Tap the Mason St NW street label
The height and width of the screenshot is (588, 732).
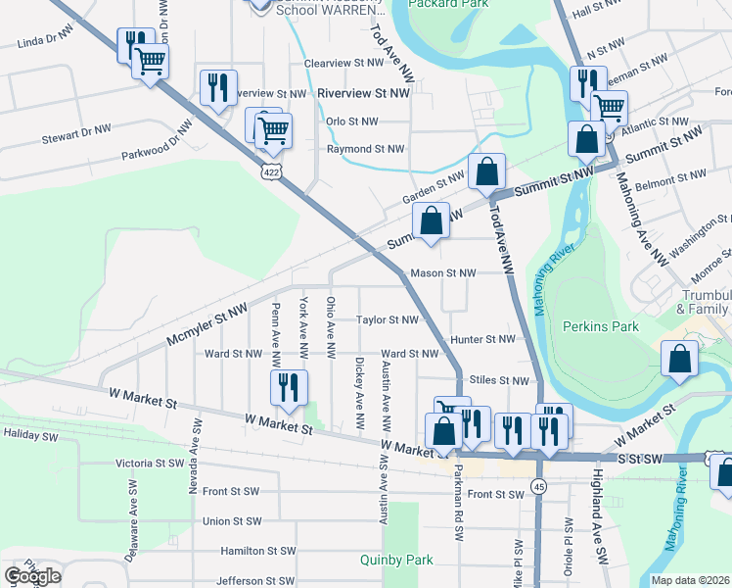443,273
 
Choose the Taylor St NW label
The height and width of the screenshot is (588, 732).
388,319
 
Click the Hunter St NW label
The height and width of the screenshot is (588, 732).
482,339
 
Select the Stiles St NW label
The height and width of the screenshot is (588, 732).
499,380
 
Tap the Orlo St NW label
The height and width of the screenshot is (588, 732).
351,122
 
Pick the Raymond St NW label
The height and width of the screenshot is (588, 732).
365,149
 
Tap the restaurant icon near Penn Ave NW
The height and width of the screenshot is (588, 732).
289,388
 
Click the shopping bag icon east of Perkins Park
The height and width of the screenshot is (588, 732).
679,360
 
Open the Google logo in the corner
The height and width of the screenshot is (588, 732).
33,576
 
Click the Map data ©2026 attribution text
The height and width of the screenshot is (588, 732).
691,579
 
